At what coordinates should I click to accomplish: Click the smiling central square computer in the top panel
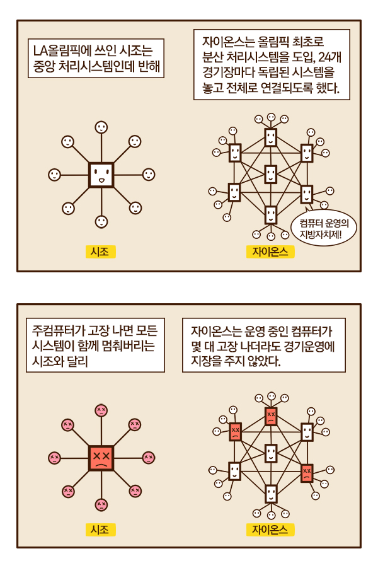[101, 175]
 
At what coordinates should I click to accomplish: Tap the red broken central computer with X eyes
[101, 458]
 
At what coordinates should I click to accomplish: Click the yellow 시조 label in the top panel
[100, 252]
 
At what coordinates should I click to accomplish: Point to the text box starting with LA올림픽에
[96, 59]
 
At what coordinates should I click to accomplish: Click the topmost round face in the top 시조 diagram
[101, 127]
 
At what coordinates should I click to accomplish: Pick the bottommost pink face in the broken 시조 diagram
[101, 504]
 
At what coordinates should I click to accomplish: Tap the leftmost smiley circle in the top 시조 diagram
[55, 175]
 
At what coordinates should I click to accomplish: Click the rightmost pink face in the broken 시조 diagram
[149, 458]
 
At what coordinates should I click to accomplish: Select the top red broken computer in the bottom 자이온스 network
[271, 415]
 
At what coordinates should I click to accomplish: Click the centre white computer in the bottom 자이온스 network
[271, 453]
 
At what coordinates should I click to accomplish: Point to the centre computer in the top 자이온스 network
[270, 173]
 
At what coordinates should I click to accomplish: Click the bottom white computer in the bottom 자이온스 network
[271, 494]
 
